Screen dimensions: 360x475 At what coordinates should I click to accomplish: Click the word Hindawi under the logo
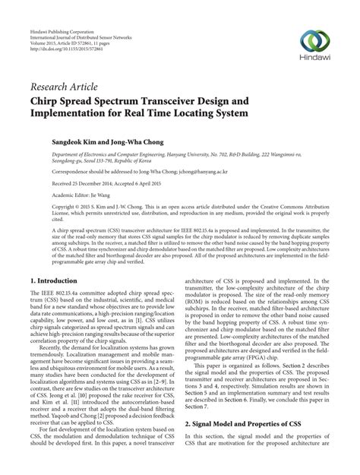click(314, 59)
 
